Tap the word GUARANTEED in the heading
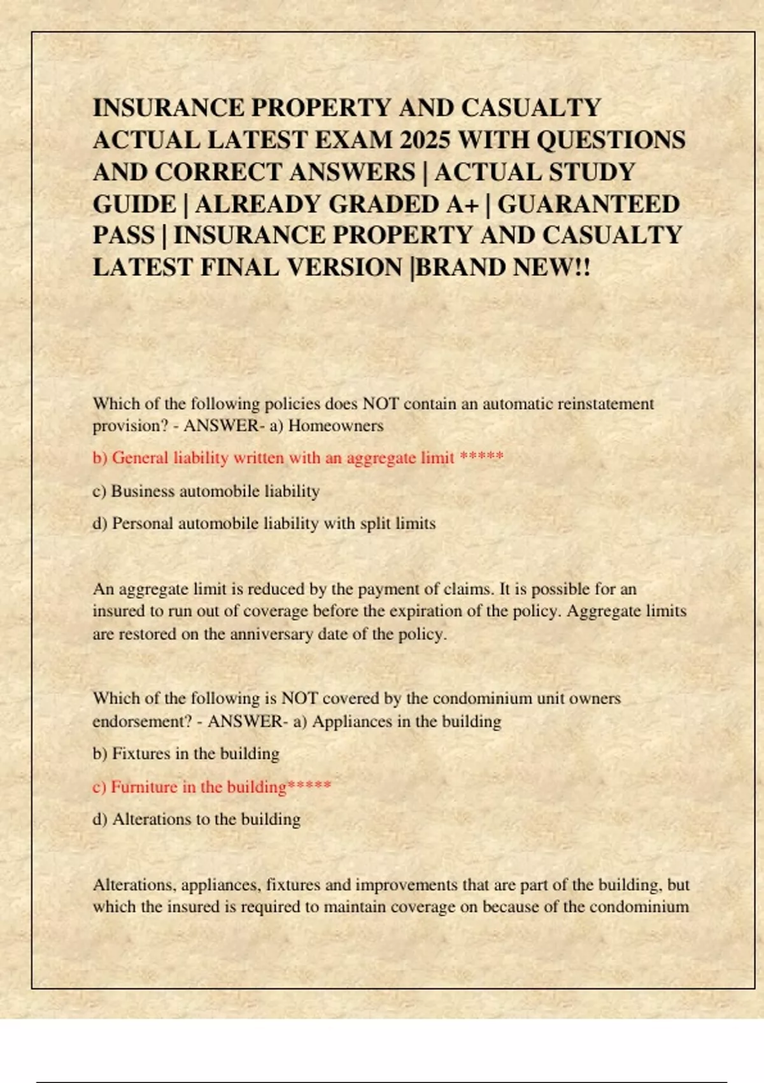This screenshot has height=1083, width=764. point(588,204)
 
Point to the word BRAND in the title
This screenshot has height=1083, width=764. point(453,268)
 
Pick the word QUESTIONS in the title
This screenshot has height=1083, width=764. point(611,140)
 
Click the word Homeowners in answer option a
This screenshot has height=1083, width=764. point(336,426)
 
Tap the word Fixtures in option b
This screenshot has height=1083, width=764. point(141,754)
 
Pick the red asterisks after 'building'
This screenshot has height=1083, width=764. point(309,786)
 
